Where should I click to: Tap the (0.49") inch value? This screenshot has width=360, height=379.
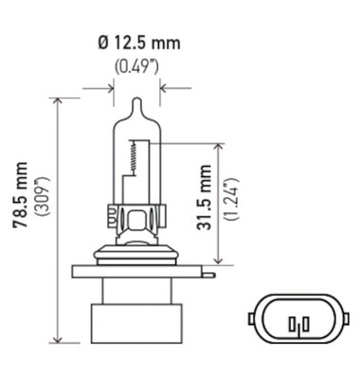(x=135, y=66)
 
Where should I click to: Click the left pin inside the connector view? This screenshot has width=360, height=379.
(x=293, y=326)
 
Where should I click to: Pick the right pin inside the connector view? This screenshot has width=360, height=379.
(x=302, y=326)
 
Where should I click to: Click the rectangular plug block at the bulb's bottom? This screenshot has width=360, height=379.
(x=134, y=318)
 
